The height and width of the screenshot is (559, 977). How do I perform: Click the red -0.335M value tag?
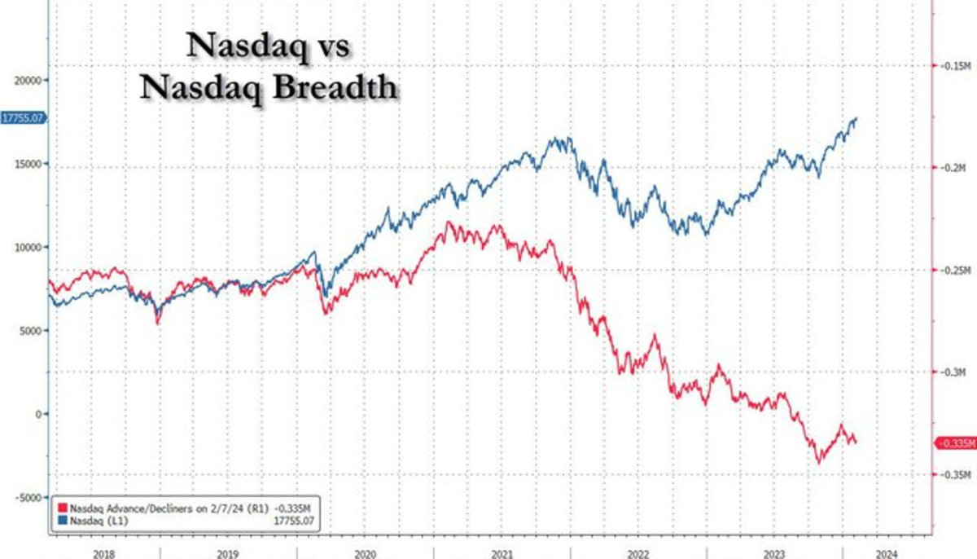click(x=955, y=443)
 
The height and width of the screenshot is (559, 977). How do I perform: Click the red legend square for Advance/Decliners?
click(x=64, y=506)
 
